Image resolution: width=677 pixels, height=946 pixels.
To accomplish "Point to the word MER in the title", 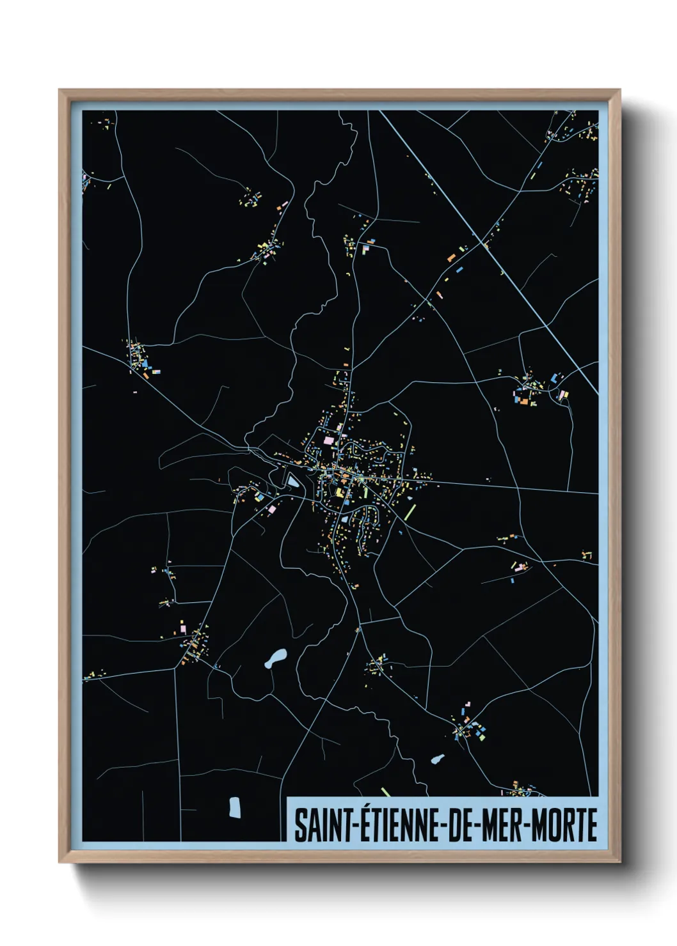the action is click(502, 825).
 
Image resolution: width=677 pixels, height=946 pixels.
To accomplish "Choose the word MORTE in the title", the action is click(564, 825).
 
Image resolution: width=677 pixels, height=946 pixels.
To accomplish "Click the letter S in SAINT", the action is click(299, 825).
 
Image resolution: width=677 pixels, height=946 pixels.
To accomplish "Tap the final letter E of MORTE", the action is click(592, 825).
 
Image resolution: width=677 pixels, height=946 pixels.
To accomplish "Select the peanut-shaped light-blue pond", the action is click(276, 658).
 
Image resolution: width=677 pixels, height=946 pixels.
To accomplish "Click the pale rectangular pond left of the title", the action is click(235, 807).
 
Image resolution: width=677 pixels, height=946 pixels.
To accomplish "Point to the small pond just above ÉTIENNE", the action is click(438, 759).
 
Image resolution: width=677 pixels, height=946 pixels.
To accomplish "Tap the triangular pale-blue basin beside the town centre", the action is click(292, 480).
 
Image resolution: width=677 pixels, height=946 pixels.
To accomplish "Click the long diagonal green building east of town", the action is click(410, 511).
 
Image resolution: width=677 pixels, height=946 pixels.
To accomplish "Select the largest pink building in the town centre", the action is click(329, 440).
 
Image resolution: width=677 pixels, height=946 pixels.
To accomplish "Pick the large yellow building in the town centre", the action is click(339, 493).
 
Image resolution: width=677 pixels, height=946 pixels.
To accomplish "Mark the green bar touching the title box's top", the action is click(385, 792).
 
